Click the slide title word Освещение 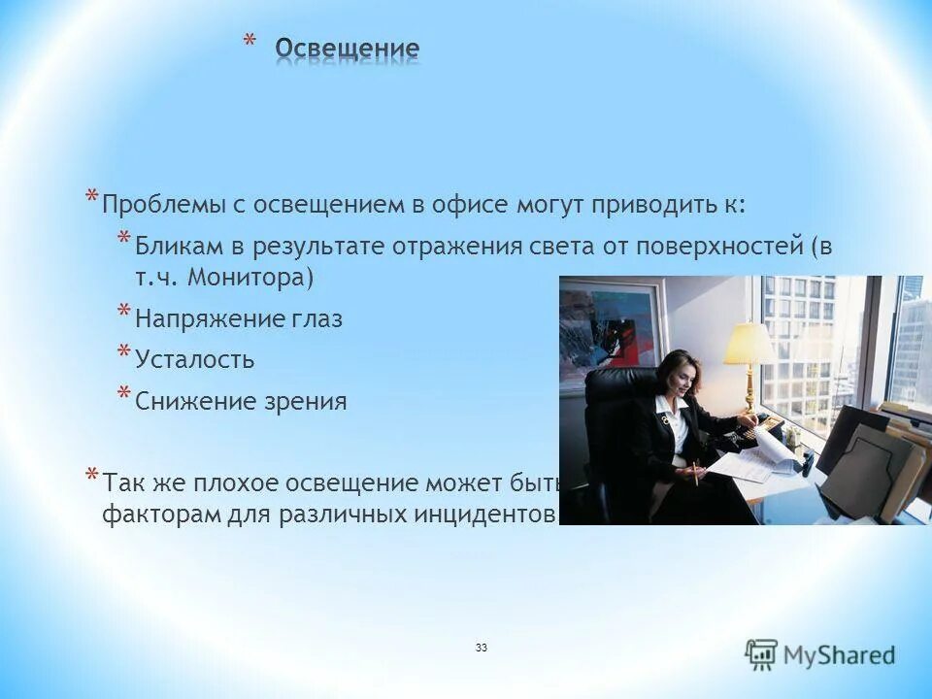click(347, 49)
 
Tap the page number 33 click(482, 647)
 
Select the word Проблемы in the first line click(161, 205)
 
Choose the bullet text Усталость click(194, 360)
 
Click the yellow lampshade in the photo click(749, 346)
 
